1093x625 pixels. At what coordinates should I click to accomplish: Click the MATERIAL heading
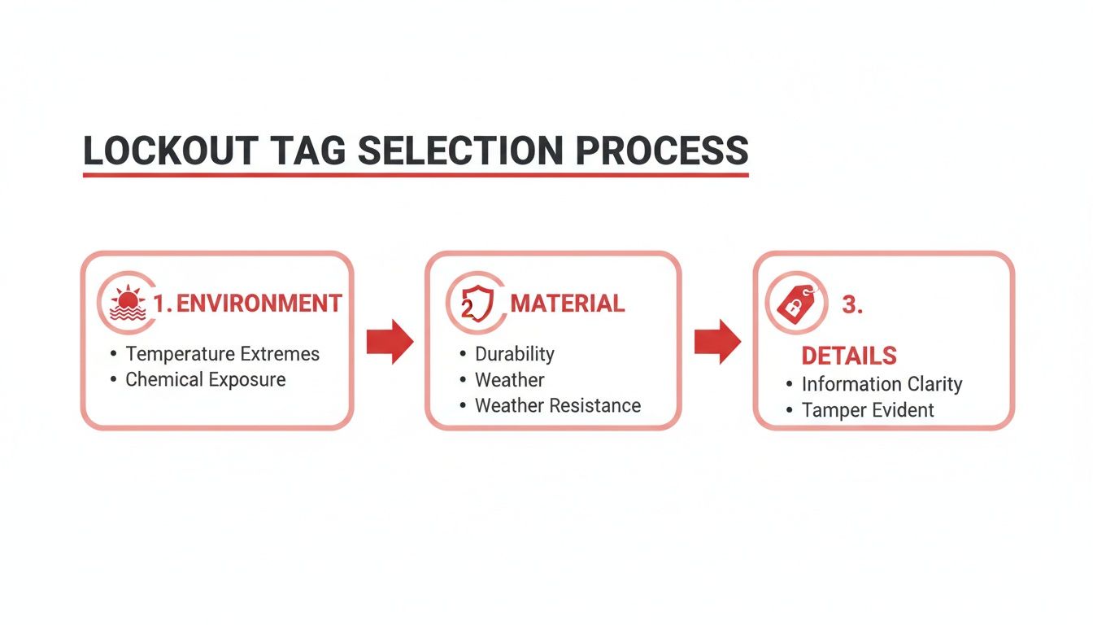(567, 304)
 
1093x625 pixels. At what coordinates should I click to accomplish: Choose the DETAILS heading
(848, 356)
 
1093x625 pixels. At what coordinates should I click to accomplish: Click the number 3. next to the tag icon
(851, 305)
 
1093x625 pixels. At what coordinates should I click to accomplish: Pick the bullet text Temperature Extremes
(222, 354)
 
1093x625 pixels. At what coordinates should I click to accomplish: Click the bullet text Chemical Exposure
(205, 380)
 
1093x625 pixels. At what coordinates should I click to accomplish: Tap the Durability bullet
(514, 354)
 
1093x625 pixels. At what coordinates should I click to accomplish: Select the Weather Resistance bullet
(557, 405)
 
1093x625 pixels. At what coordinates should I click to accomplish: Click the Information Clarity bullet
(882, 384)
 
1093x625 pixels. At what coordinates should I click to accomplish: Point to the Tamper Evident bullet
(868, 410)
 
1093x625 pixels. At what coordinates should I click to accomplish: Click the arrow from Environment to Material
(390, 342)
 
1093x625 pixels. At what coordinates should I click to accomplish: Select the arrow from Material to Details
(717, 342)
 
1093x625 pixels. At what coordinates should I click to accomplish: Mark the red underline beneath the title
(415, 174)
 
